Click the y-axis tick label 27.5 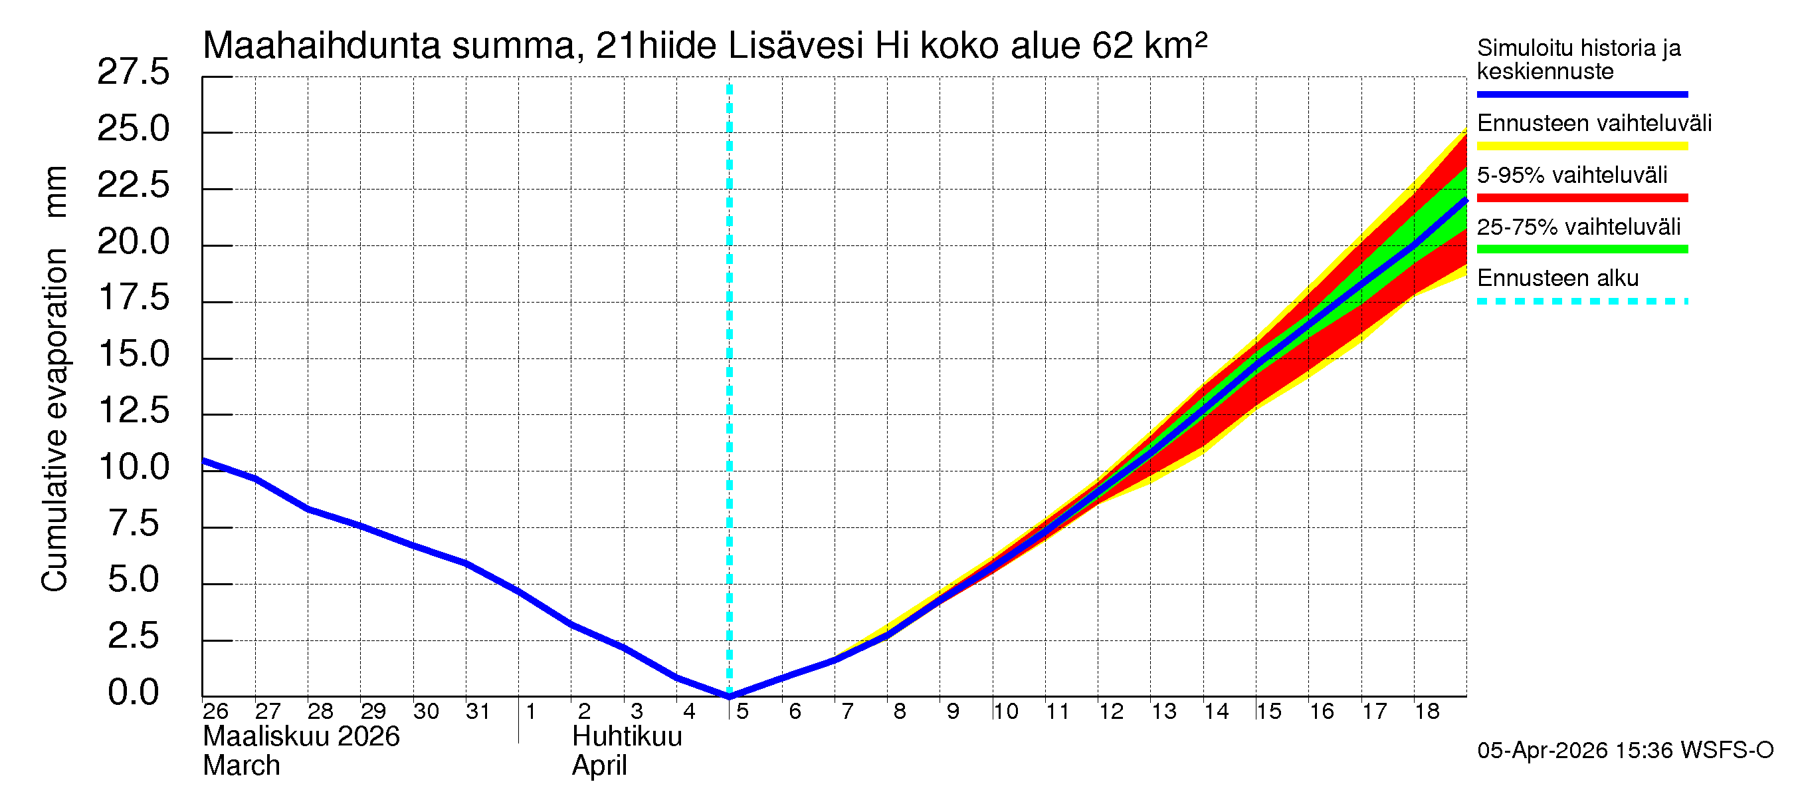(133, 72)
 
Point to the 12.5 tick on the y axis (133, 410)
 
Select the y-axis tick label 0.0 (133, 693)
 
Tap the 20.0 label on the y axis (133, 242)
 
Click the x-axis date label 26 (215, 712)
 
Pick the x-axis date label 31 (478, 712)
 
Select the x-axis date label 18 (1427, 712)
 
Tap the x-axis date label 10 (1006, 712)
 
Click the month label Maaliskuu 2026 (301, 737)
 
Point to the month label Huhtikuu (627, 737)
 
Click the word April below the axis (599, 766)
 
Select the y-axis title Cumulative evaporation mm (54, 380)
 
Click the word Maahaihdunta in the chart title (321, 46)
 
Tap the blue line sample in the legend (1581, 94)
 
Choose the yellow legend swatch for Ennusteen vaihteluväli (1581, 146)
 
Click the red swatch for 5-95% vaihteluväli (1581, 198)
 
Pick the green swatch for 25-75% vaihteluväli (1581, 249)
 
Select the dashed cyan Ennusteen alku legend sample (1581, 302)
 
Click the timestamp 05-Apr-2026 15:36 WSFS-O (1625, 751)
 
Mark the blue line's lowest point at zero (729, 696)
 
